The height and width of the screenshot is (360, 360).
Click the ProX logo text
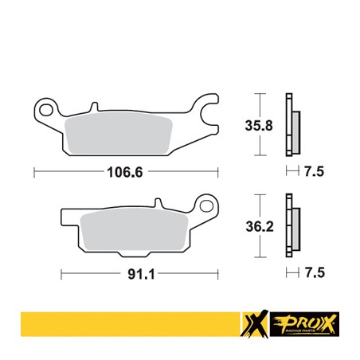(x=310, y=321)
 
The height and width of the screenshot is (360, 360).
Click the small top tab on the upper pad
(x=94, y=104)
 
